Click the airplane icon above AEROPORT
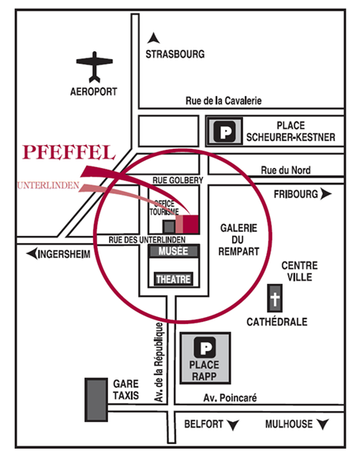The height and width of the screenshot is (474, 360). click(95, 67)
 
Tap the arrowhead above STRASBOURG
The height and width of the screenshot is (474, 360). click(153, 38)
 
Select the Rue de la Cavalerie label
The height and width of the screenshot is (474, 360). click(223, 101)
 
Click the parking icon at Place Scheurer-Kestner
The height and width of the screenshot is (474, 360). click(224, 132)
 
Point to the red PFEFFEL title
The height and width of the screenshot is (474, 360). click(69, 152)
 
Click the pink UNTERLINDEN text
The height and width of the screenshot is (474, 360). click(48, 185)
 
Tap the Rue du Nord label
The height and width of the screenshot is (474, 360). click(286, 170)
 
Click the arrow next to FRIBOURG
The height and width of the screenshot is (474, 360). click(326, 194)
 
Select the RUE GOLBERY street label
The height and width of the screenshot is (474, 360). click(178, 180)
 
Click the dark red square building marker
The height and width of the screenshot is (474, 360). click(191, 224)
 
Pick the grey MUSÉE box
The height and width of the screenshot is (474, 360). click(174, 251)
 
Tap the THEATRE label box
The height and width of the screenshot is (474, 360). click(174, 279)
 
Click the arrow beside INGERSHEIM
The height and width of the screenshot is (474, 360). click(32, 254)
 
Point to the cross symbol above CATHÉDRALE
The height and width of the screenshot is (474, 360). click(275, 298)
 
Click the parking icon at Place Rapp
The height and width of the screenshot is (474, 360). click(204, 347)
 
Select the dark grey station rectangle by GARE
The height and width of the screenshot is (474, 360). click(96, 400)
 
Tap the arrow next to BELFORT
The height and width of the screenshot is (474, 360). click(233, 425)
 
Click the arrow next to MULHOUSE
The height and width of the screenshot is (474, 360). click(323, 424)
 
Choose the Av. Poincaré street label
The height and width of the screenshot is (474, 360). click(230, 397)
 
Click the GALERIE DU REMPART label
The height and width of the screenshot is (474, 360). click(238, 240)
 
